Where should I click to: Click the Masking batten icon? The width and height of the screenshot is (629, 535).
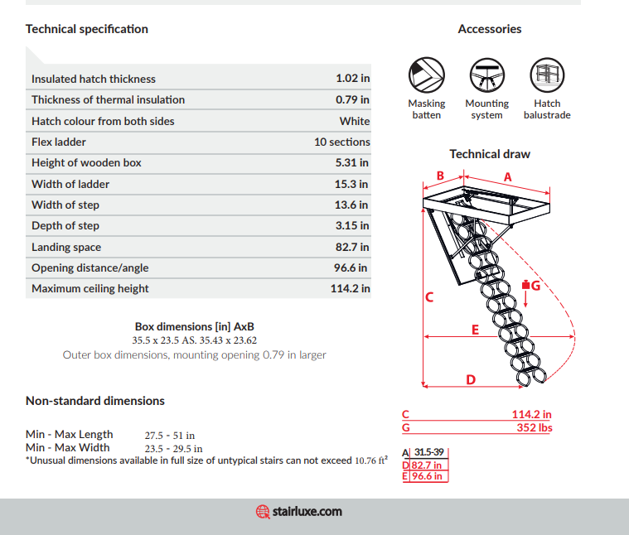tap(427, 75)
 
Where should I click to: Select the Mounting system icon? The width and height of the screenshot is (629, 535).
tap(486, 75)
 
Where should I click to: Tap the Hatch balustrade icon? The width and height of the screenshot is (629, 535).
tap(547, 75)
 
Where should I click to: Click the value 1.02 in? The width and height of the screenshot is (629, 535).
tap(352, 79)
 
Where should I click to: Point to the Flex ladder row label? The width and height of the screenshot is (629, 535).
tap(59, 142)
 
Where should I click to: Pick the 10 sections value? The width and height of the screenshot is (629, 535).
tap(341, 142)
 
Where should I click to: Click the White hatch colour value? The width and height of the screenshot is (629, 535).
tap(354, 121)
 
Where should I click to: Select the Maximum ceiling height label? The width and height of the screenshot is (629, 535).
tap(90, 288)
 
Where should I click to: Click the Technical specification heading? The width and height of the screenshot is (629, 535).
tap(87, 29)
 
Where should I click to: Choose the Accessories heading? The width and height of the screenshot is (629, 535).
tap(490, 29)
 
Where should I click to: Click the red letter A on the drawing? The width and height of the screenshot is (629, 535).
tap(508, 176)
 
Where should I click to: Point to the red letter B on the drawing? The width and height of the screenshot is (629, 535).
tap(441, 175)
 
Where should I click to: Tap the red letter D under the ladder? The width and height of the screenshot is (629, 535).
tap(471, 379)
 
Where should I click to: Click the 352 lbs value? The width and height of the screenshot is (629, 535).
tap(534, 427)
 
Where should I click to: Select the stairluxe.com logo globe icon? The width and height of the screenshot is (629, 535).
tap(263, 512)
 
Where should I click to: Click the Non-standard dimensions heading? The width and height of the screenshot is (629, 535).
tap(95, 401)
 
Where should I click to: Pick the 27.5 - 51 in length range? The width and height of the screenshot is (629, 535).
tap(170, 435)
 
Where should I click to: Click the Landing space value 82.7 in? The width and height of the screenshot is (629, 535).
tap(351, 247)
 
